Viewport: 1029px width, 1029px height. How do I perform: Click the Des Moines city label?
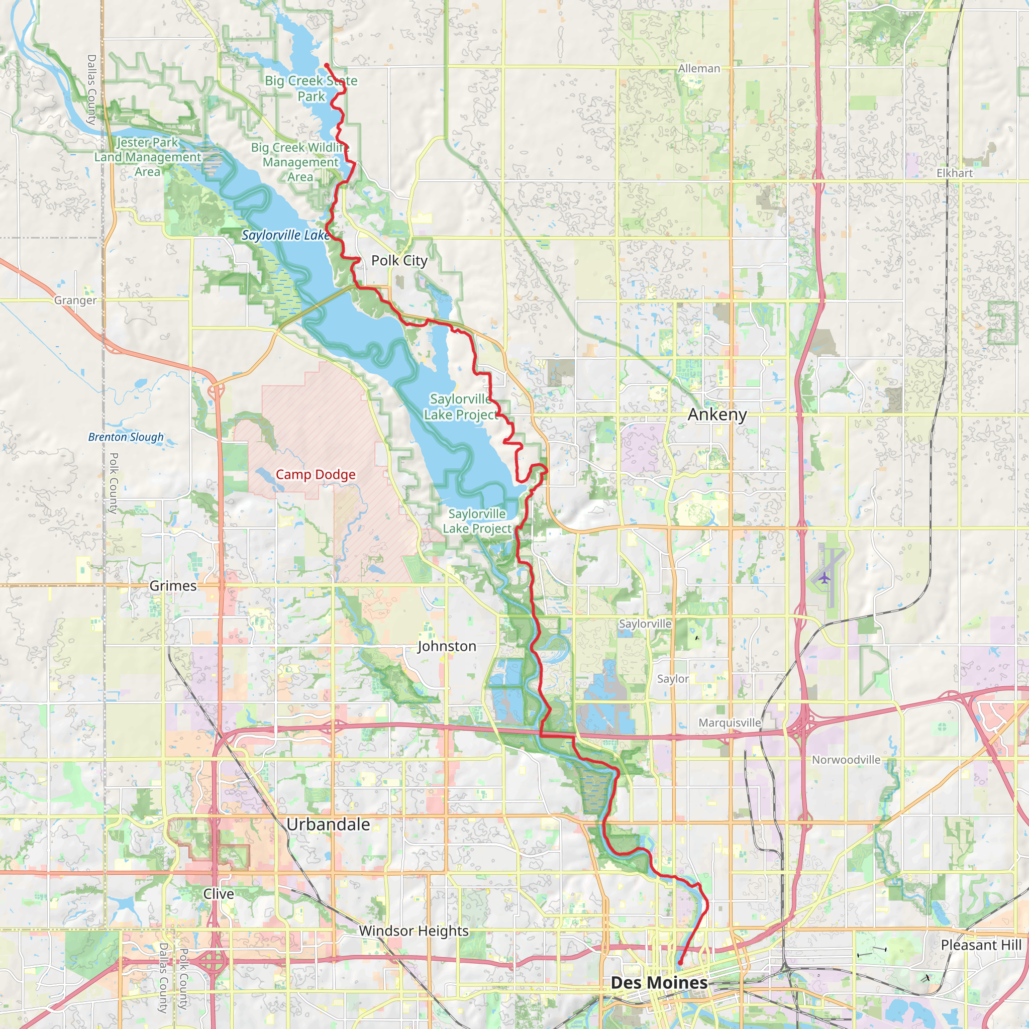[x=659, y=983]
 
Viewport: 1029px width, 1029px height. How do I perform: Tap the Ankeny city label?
[x=717, y=415]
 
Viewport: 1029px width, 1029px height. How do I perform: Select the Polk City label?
[x=399, y=260]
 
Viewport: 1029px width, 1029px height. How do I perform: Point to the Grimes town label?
[x=172, y=586]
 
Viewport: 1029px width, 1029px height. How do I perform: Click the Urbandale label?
[x=328, y=825]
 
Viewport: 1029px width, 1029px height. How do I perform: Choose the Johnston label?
[x=446, y=646]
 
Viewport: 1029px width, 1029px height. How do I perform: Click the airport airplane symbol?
[x=825, y=578]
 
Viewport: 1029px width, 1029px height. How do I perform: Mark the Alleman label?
[x=699, y=69]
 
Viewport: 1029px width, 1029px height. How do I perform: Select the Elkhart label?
[x=955, y=173]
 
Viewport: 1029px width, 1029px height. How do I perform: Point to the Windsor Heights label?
[x=414, y=931]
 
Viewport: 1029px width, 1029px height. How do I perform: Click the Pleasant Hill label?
[x=981, y=946]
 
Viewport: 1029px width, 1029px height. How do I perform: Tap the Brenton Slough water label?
[x=126, y=437]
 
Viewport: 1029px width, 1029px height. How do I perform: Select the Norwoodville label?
[x=846, y=760]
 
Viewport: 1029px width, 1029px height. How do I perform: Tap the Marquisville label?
[x=730, y=723]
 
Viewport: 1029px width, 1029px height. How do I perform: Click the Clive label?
[x=219, y=894]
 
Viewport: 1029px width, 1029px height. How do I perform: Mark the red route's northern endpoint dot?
[x=327, y=65]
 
